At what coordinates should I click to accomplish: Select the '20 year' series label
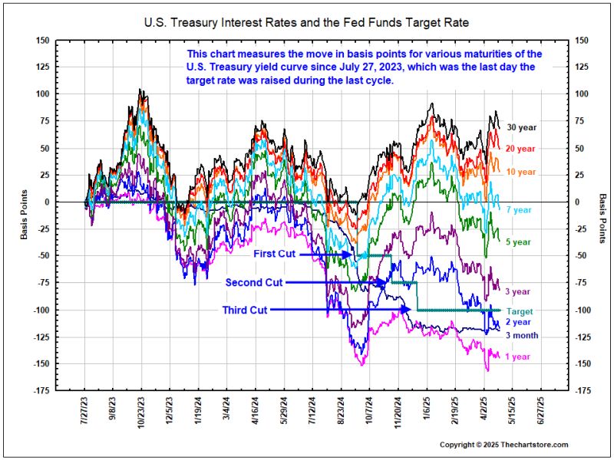click(x=520, y=148)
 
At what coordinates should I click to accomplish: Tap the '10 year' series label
click(x=520, y=172)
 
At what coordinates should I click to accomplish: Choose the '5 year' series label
click(x=517, y=242)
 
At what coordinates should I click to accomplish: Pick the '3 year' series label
click(x=517, y=291)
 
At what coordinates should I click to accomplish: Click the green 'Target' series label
click(x=519, y=312)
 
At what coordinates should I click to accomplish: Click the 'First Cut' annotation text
click(x=274, y=253)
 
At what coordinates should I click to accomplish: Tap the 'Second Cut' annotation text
click(x=254, y=282)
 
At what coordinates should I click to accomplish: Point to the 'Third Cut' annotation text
click(x=245, y=310)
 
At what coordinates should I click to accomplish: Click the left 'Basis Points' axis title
click(x=24, y=215)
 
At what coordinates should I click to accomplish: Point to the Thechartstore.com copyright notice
click(x=503, y=445)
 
